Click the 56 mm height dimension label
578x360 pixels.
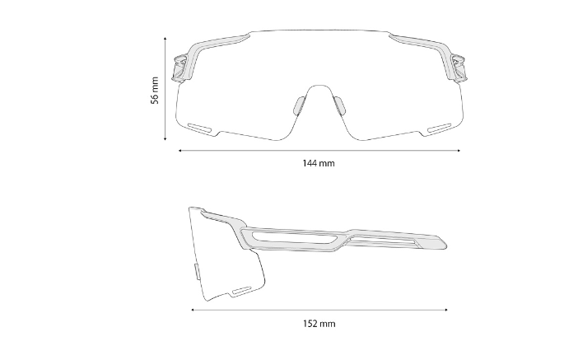154,90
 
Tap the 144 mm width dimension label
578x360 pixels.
319,163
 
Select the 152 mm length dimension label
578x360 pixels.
319,324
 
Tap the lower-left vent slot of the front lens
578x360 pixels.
200,127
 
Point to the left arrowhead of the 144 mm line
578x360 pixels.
179,150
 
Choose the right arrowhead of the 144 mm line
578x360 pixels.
459,150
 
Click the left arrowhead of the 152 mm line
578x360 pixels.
192,310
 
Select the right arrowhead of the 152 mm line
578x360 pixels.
446,310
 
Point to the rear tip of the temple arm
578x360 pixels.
445,241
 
